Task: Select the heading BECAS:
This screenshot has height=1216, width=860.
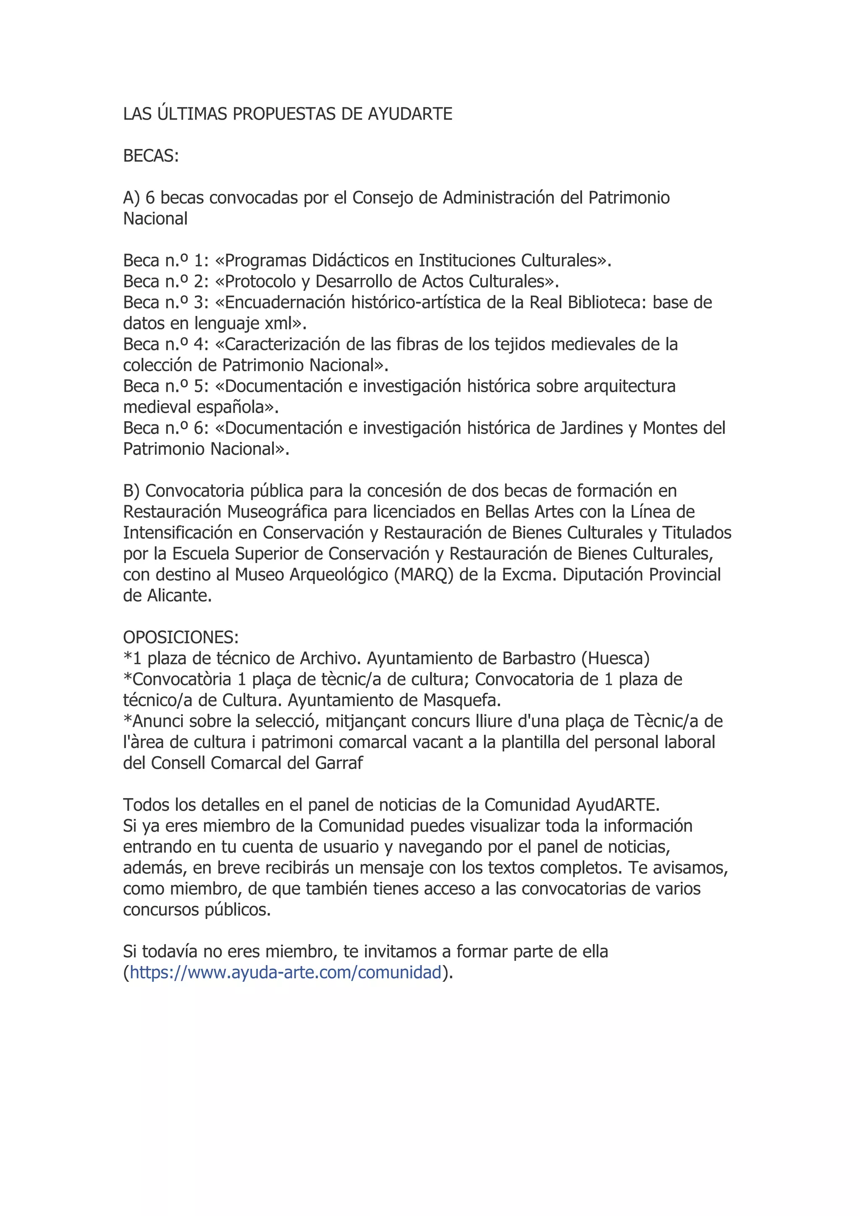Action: coord(151,156)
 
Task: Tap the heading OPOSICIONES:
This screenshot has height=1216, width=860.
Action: coord(181,637)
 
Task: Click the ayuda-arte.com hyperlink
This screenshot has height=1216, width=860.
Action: coord(286,972)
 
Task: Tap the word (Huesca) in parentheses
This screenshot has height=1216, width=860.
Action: coord(615,658)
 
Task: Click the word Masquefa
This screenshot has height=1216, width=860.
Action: coord(462,700)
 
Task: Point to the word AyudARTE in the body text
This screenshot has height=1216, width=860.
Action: coord(617,805)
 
